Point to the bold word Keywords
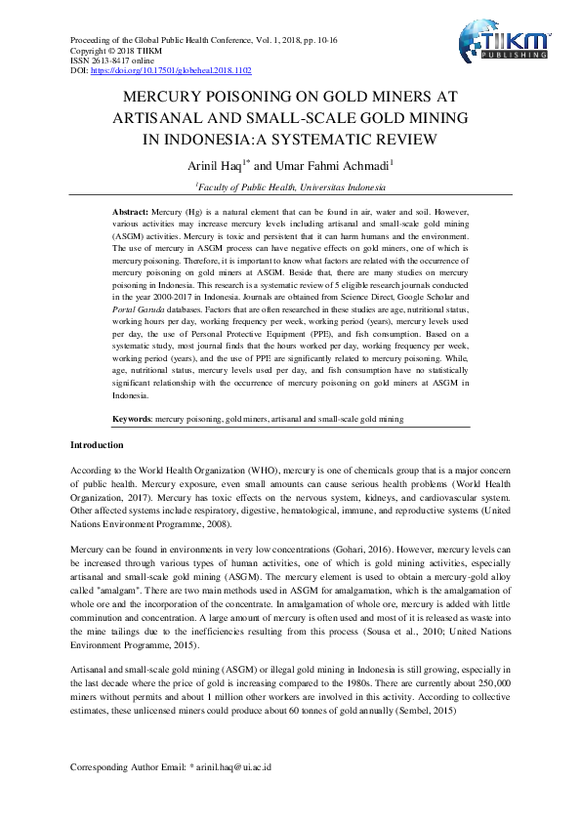pos(132,418)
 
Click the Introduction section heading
pos(97,444)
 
